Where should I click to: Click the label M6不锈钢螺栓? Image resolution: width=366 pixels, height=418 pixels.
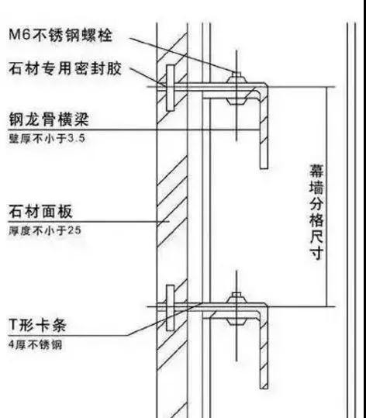60,35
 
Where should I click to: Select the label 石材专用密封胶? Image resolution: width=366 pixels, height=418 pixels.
65,68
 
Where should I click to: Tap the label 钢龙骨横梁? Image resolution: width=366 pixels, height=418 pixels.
49,119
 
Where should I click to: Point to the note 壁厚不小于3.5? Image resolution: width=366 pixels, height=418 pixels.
47,138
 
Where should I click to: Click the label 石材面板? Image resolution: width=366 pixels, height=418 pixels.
40,212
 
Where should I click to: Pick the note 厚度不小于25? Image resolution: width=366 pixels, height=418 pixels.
45,230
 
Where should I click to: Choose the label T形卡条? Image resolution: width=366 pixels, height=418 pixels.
37,325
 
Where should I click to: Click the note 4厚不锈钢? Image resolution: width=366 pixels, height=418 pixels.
35,344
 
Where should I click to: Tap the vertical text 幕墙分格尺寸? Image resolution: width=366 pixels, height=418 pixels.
316,212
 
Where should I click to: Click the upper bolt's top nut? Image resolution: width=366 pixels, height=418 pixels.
237,78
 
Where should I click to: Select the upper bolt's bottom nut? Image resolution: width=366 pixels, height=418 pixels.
237,101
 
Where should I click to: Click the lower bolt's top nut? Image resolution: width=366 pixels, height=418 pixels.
237,299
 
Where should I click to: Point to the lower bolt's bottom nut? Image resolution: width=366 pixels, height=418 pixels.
237,321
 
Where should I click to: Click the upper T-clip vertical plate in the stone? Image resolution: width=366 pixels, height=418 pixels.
171,88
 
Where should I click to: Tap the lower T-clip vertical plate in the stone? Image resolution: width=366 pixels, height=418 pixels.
171,308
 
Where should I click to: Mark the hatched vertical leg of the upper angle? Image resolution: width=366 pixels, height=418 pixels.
264,128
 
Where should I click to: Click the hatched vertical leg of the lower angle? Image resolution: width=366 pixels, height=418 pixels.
264,348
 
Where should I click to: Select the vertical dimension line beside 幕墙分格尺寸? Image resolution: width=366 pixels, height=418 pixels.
326,197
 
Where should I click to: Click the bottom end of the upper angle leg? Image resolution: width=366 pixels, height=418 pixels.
264,168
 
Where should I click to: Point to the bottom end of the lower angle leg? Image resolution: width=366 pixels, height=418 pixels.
264,389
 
